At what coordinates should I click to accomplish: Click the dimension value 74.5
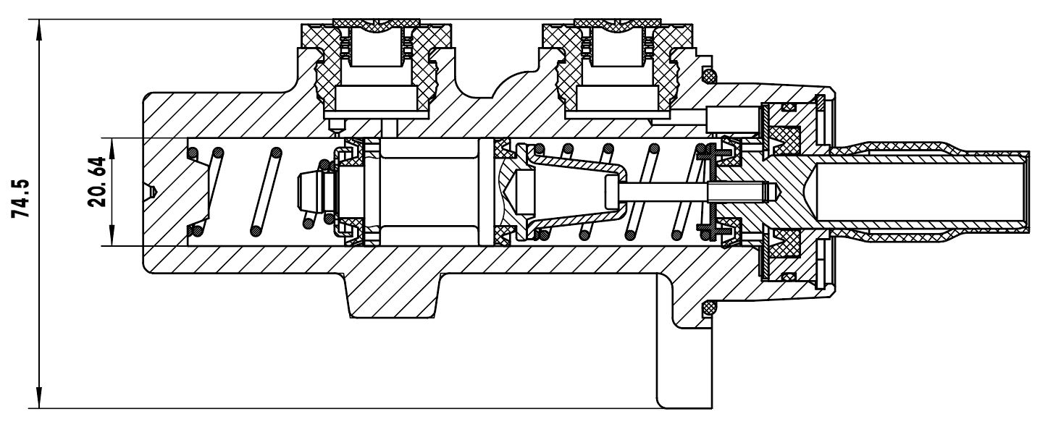click(21, 198)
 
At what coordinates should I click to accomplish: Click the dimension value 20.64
click(96, 182)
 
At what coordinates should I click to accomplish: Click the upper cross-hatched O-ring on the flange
click(708, 75)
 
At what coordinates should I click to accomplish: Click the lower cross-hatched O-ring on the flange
click(708, 307)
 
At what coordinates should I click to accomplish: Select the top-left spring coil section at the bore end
click(193, 152)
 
